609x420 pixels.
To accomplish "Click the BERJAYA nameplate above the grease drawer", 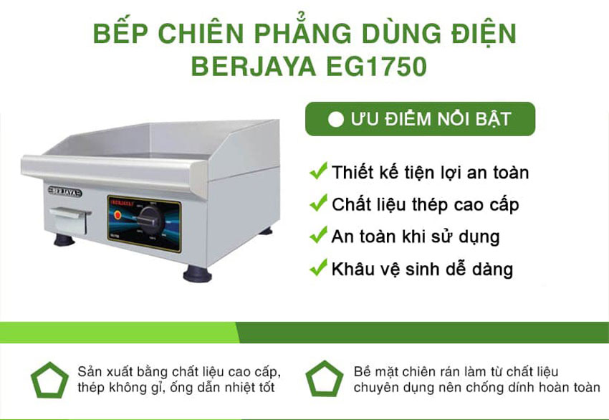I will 64,192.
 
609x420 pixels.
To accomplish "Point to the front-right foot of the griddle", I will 196,273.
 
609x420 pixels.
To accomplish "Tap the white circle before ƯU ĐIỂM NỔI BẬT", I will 335,119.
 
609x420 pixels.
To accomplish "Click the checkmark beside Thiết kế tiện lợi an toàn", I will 317,172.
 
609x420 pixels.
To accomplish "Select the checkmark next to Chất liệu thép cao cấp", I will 317,204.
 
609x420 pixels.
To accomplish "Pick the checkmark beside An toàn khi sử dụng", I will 317,236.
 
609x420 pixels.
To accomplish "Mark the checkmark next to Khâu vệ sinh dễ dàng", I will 317,269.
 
